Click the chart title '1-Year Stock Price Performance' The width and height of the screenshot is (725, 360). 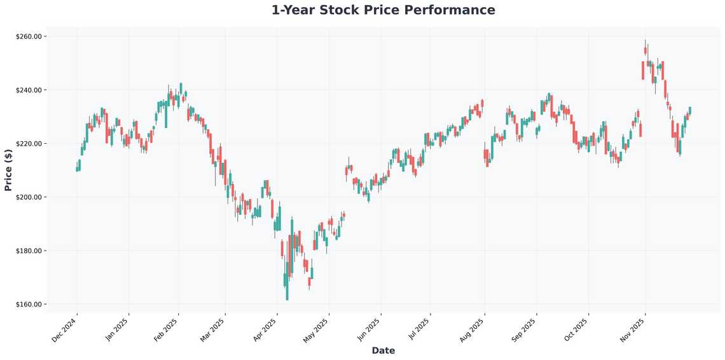pos(383,10)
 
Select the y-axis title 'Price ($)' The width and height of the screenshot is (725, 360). pos(8,170)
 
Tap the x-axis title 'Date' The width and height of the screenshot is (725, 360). pos(383,350)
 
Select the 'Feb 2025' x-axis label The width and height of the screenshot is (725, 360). pos(167,330)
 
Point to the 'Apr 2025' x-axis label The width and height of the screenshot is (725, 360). pos(265,330)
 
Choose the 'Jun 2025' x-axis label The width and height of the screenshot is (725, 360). pos(369,330)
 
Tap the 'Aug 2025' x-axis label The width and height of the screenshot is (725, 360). pos(473,330)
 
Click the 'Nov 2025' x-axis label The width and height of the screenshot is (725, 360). pos(633,330)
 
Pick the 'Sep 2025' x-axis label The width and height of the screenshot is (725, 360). pos(525,330)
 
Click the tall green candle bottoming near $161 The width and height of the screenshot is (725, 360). pos(287,283)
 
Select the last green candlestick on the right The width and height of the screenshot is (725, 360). pos(690,111)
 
